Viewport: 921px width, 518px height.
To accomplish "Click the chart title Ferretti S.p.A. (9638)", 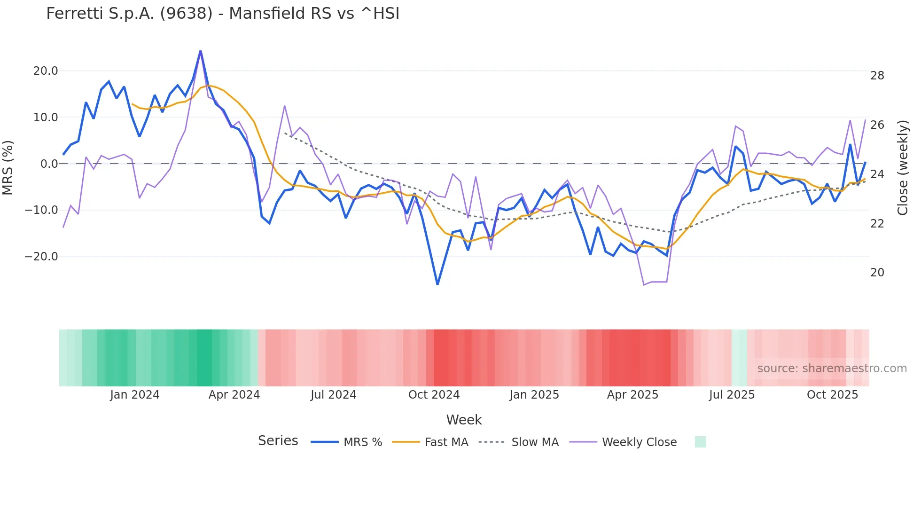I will (x=223, y=14).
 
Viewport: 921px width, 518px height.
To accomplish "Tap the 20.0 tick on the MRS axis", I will (x=46, y=71).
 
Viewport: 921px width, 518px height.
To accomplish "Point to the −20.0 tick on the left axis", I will (x=41, y=257).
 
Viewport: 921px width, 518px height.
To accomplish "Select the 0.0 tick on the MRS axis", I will (x=49, y=164).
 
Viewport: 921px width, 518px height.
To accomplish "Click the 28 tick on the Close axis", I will (x=877, y=76).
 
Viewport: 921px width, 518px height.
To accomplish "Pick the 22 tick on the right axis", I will (x=877, y=224).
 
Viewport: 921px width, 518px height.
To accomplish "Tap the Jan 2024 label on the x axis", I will (x=135, y=395).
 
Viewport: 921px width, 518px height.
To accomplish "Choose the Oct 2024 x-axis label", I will (x=434, y=395).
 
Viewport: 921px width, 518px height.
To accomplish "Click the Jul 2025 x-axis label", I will (x=732, y=395).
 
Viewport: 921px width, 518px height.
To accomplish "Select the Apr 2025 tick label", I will (x=632, y=395).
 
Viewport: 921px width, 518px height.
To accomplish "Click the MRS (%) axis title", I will (x=8, y=168).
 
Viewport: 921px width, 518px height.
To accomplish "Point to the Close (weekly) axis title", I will (x=903, y=168).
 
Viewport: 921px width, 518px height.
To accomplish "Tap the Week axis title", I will (x=464, y=420).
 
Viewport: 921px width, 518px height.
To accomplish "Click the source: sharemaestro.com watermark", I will (x=832, y=369).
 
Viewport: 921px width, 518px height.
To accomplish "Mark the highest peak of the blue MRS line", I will (x=201, y=51).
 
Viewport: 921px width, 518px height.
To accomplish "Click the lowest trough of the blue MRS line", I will (x=437, y=284).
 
